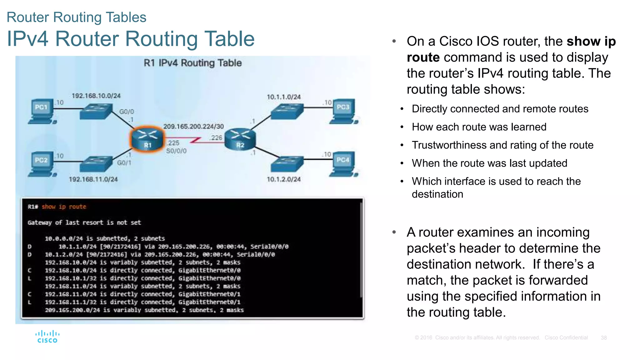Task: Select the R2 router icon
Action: [x=240, y=139]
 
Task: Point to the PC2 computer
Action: [x=42, y=164]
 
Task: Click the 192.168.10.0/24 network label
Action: [x=96, y=96]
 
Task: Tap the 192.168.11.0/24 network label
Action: [x=93, y=179]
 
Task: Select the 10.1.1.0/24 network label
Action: [x=283, y=97]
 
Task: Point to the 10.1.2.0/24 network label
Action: [x=283, y=179]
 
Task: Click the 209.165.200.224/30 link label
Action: [x=193, y=126]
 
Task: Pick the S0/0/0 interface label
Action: [x=176, y=151]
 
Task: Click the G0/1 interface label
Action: [x=124, y=163]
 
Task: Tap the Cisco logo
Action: [x=47, y=337]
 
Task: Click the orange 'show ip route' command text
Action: [x=64, y=207]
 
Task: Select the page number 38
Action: [x=603, y=338]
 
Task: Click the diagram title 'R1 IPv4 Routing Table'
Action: [x=192, y=63]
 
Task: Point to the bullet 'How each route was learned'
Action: [x=479, y=127]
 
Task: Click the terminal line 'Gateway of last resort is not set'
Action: [x=84, y=222]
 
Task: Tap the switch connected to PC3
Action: [x=287, y=111]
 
